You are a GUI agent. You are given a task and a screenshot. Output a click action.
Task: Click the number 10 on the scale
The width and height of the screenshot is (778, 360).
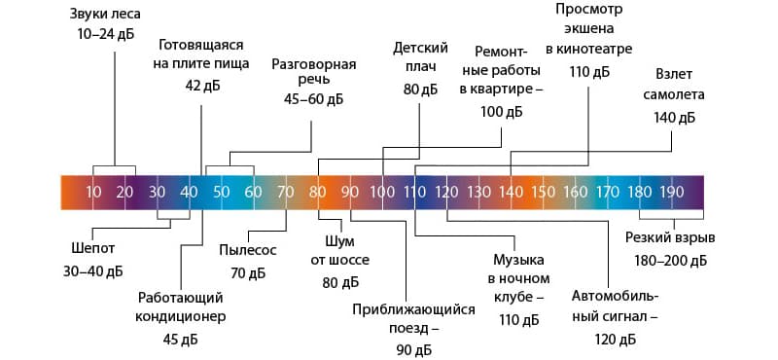pos(92,191)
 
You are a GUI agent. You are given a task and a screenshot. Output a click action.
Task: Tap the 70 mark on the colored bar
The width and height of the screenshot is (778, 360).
pos(285,191)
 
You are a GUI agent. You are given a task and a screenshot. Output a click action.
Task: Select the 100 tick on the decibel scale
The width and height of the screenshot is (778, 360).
pos(382,191)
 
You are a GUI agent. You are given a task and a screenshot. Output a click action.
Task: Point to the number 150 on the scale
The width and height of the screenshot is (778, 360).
pos(543,191)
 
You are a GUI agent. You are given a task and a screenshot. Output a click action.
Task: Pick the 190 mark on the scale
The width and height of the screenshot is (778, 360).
pos(671,191)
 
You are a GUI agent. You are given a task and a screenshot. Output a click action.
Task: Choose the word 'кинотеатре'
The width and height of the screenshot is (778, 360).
pos(588,48)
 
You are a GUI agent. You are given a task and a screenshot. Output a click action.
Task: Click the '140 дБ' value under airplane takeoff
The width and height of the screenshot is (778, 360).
pos(675,117)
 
